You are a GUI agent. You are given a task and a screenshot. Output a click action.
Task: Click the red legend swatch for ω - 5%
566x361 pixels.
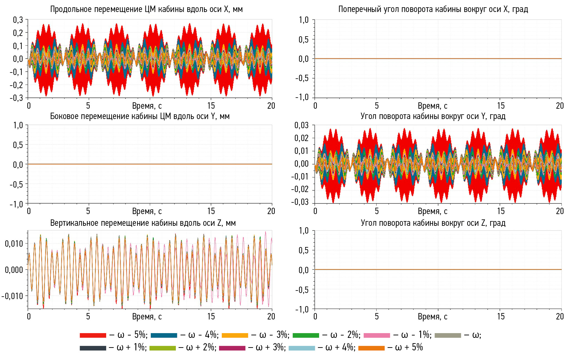[x=93, y=335]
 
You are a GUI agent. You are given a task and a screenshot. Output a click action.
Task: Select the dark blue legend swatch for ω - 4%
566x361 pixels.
[x=164, y=335]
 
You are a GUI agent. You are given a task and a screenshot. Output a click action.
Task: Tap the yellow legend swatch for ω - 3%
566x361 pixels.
[x=235, y=335]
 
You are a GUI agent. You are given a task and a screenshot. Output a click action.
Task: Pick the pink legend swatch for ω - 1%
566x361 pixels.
[x=377, y=335]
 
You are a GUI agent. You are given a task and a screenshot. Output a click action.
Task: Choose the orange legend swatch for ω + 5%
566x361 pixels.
[x=371, y=348]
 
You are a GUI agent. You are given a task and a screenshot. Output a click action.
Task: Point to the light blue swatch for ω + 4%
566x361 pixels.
[x=302, y=348]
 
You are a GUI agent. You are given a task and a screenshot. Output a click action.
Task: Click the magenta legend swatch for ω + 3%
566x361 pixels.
[x=232, y=348]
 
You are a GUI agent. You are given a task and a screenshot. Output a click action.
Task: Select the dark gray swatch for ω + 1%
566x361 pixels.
[x=93, y=348]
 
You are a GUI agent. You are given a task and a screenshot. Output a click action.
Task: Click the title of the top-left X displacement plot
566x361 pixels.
[x=146, y=9]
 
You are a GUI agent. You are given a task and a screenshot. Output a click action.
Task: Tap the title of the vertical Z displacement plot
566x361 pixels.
[x=143, y=223]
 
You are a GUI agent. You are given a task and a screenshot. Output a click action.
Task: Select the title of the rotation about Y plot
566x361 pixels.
[x=433, y=116]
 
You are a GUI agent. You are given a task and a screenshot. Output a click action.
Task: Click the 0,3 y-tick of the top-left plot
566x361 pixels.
[x=18, y=20]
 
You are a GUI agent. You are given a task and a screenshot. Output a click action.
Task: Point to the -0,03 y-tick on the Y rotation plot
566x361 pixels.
[x=300, y=202]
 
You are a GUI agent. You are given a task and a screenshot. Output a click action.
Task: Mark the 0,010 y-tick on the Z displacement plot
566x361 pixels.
[x=14, y=244]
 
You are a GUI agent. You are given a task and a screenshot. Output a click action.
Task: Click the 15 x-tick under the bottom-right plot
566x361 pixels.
[x=501, y=316]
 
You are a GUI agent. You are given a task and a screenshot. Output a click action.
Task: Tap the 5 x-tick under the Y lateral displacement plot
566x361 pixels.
[x=88, y=211]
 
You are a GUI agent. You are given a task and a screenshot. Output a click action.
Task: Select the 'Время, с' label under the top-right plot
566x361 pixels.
[x=433, y=106]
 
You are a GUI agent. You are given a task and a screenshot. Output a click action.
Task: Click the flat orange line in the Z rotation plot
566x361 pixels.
[x=438, y=270]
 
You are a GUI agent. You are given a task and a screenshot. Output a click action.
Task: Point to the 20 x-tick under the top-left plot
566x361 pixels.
[x=271, y=106]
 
